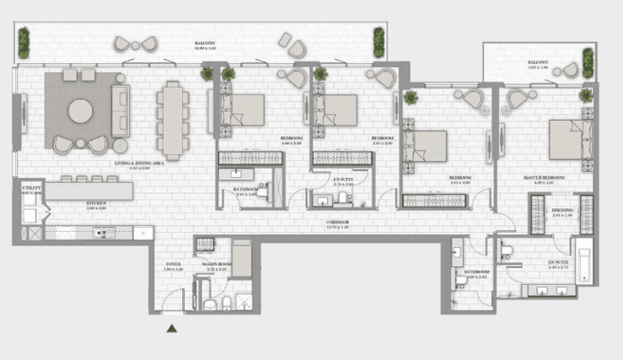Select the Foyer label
tap(174, 264)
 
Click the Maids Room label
tap(217, 264)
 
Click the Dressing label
tap(562, 211)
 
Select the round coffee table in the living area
tap(82, 110)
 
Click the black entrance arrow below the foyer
tap(172, 329)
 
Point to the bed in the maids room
tap(241, 258)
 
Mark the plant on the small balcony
tap(587, 63)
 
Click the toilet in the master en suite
tap(508, 247)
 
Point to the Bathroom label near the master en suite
tap(477, 272)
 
